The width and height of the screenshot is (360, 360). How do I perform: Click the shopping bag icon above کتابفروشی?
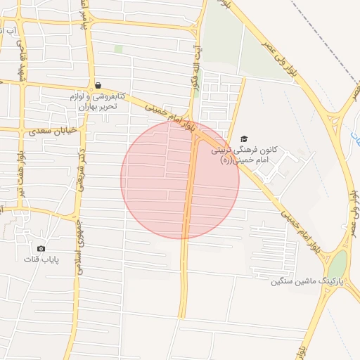[x=97, y=85]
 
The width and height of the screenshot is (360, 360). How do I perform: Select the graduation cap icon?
[x=244, y=139]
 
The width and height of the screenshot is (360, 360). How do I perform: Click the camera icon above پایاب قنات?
[x=41, y=248]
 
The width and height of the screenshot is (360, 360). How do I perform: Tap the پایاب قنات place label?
[x=41, y=260]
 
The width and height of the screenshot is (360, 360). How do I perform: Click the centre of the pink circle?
[x=180, y=179]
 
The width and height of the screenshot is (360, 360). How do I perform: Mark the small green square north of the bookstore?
[x=119, y=49]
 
